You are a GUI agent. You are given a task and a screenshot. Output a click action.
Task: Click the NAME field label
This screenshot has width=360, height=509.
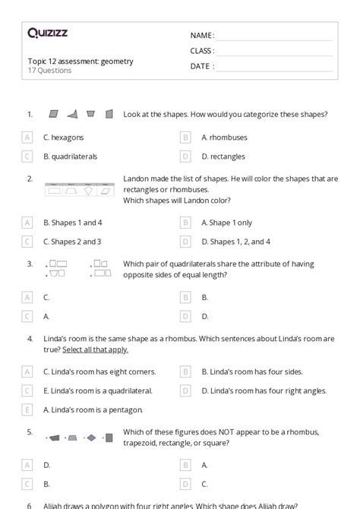click(202, 36)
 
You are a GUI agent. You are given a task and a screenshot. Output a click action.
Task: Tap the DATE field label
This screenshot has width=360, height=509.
click(201, 66)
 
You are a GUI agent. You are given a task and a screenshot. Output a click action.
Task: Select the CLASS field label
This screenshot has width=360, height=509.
click(202, 51)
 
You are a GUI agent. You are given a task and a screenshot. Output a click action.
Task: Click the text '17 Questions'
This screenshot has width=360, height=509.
click(49, 71)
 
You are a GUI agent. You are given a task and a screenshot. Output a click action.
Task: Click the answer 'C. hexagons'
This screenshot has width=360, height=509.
click(64, 138)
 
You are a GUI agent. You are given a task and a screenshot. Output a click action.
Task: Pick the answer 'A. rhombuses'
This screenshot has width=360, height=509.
click(224, 138)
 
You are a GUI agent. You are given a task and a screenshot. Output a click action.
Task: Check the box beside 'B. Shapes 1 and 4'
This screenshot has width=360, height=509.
click(28, 223)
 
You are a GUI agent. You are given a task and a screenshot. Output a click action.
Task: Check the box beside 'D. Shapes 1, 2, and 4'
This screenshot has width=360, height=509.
click(185, 242)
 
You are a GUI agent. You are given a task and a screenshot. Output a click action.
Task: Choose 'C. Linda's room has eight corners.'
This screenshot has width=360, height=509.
click(99, 371)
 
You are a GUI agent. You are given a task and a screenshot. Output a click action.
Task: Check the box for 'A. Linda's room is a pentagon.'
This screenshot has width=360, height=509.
click(28, 409)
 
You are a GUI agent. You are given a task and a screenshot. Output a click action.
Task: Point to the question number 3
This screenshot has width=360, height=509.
click(30, 264)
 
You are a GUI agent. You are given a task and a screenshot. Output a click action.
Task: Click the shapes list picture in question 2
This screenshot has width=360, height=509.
click(79, 189)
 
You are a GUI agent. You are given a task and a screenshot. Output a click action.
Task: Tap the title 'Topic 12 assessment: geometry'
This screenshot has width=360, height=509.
click(80, 61)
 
